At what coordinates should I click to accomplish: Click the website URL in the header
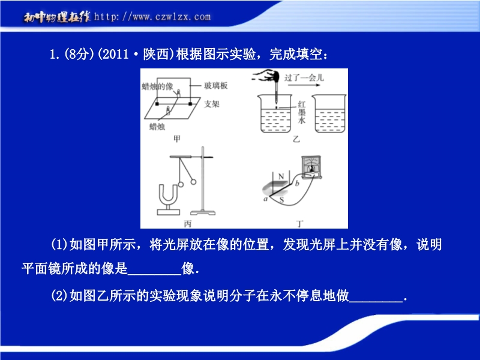152,17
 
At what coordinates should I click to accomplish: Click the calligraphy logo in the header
57,17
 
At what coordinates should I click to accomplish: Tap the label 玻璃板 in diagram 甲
216,85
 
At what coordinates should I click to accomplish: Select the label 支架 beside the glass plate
212,104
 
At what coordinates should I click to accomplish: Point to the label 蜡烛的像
157,86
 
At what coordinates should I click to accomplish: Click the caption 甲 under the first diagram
177,139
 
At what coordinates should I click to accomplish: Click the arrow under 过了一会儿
304,85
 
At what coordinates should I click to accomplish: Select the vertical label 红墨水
302,112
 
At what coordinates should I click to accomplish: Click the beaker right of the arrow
329,113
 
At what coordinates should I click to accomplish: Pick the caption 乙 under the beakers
296,139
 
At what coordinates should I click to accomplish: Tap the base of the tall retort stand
203,212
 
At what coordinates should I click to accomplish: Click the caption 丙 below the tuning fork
188,224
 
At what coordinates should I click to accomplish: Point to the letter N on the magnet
281,176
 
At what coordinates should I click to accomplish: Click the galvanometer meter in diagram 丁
311,167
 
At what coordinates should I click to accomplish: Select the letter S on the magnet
281,200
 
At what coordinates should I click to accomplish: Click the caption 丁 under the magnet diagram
300,224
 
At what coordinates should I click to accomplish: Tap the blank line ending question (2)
376,302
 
